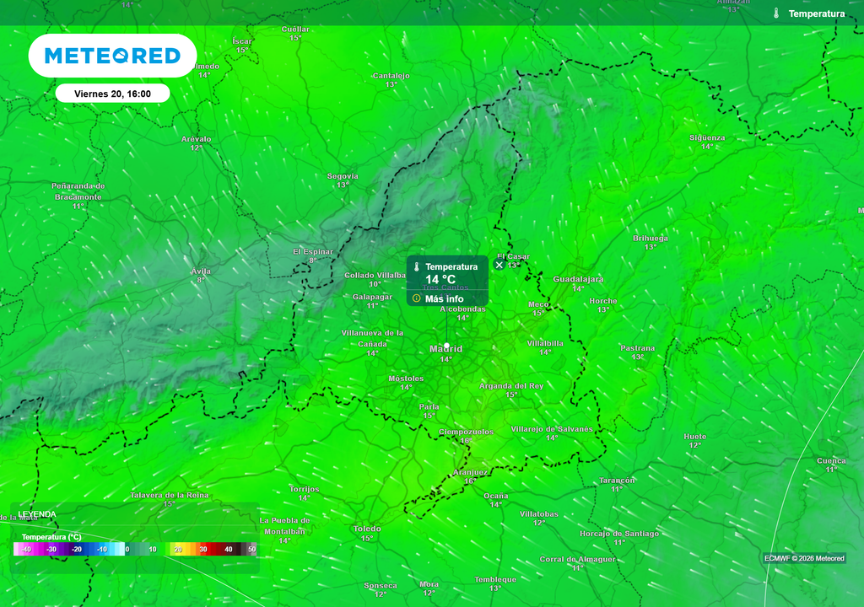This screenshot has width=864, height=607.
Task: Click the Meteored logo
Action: (112, 56)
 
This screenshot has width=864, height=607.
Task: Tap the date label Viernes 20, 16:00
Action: (112, 94)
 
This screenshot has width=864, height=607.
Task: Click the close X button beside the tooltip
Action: (499, 265)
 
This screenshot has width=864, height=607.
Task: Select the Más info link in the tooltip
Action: (444, 298)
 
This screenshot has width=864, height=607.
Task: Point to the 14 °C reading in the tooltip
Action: (440, 280)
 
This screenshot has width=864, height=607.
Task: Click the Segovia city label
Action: (343, 176)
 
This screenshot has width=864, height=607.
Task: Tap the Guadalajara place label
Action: (578, 279)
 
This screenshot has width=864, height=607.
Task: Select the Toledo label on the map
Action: (367, 529)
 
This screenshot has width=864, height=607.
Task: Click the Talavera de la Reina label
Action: (170, 495)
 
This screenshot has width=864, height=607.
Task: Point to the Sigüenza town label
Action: (707, 137)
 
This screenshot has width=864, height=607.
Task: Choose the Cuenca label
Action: (831, 460)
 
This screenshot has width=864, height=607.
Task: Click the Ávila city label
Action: (201, 271)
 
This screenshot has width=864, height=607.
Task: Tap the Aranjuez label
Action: (470, 472)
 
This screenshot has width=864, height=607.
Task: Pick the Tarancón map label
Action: (617, 480)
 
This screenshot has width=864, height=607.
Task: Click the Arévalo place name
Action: (196, 139)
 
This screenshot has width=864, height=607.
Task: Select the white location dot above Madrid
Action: (446, 346)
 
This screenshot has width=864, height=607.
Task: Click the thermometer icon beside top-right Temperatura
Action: (775, 13)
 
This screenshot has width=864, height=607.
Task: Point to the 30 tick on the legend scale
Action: (202, 550)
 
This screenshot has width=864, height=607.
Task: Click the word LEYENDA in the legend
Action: (37, 514)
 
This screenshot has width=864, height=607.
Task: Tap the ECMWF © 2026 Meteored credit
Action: (804, 558)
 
